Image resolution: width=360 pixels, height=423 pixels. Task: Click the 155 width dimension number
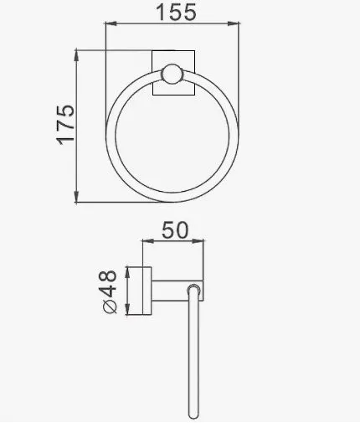[177, 13]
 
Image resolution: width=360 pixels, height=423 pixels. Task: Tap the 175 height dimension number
[65, 125]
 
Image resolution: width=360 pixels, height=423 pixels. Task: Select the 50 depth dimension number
[175, 230]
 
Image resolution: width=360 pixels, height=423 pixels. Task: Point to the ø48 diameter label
[107, 291]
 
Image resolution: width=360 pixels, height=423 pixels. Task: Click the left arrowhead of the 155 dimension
[111, 23]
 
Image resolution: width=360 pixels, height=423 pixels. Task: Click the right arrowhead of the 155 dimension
[234, 23]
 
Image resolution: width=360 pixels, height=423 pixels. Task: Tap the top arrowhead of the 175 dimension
[76, 56]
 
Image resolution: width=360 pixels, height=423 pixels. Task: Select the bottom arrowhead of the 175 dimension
[76, 196]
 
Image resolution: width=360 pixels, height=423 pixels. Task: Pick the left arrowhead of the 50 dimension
[148, 241]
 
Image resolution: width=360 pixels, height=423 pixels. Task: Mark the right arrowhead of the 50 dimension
[198, 241]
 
